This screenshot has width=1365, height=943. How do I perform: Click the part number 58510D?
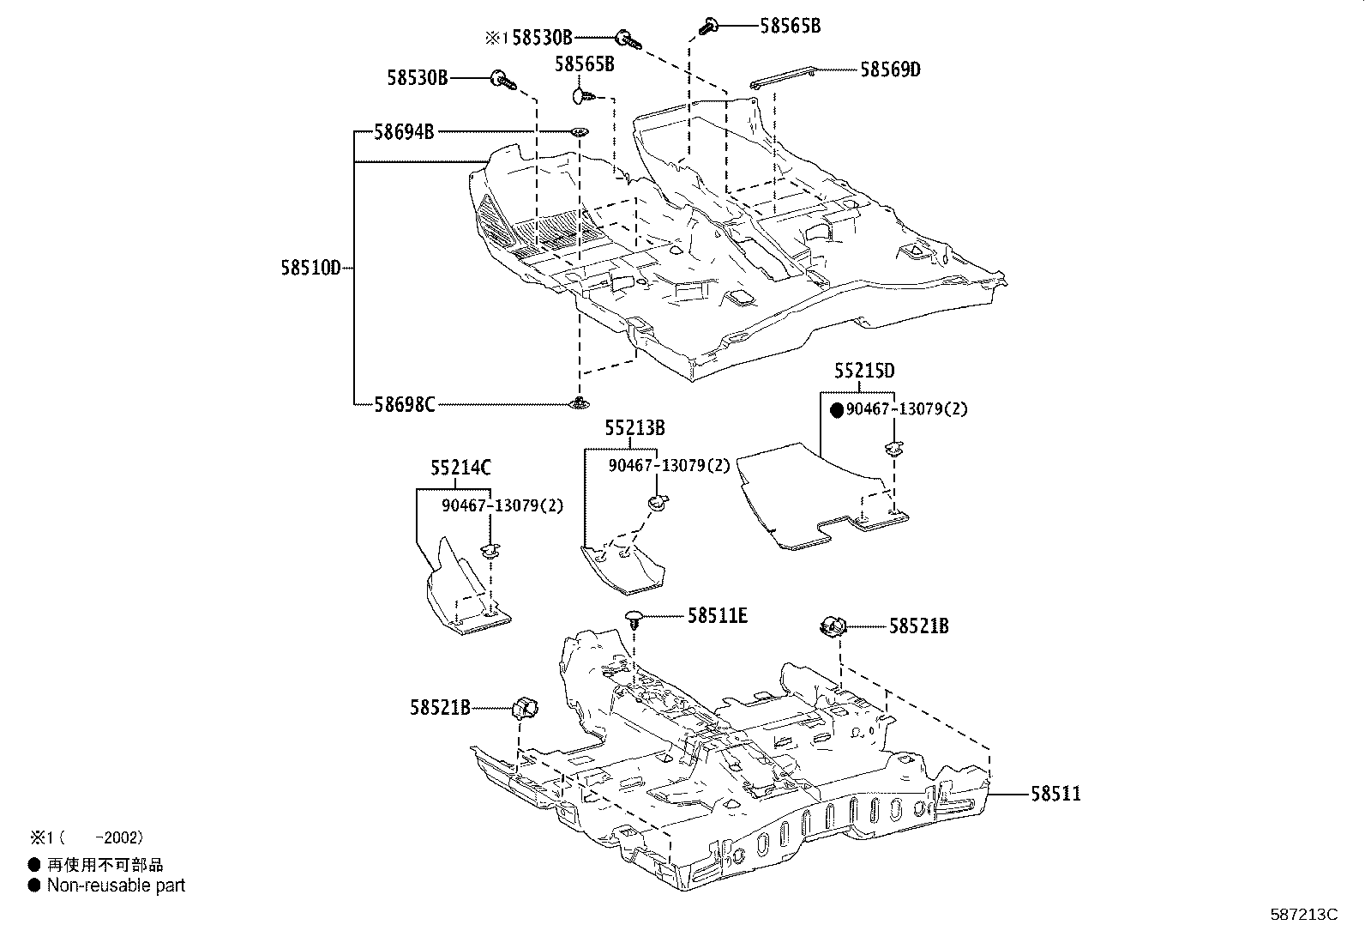(x=310, y=268)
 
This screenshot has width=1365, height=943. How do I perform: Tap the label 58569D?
(x=890, y=70)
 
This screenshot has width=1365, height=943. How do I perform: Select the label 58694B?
(x=404, y=132)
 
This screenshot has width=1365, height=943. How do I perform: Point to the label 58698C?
(x=405, y=403)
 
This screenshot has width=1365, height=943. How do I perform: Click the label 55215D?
(x=864, y=371)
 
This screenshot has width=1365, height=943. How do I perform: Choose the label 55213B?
(x=634, y=427)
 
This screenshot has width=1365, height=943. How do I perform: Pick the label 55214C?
(x=461, y=468)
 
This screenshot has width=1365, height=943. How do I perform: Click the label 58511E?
(x=718, y=615)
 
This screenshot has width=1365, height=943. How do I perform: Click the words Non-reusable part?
(x=116, y=886)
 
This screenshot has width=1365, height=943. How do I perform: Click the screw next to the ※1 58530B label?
(x=627, y=37)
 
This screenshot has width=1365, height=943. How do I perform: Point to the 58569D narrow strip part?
(x=782, y=77)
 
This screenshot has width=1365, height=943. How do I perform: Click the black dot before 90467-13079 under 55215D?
(x=838, y=410)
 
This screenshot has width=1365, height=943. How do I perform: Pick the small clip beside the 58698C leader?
(x=580, y=402)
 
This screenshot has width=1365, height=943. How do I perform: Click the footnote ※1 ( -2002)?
(x=86, y=837)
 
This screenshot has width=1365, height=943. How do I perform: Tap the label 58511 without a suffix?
(x=1055, y=794)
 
